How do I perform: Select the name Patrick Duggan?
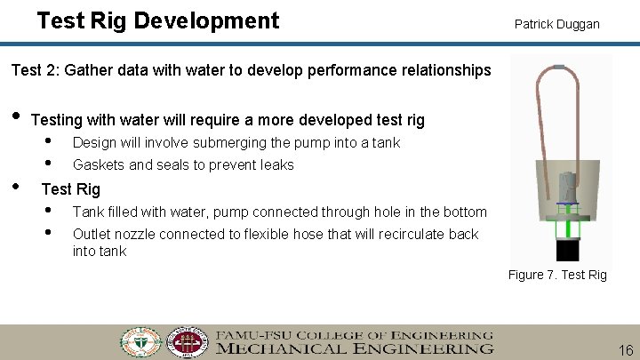point(556,24)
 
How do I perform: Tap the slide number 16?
point(625,350)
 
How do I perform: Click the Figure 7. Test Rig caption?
point(557,275)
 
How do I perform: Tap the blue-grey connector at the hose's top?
point(558,67)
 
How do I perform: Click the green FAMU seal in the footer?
point(141,342)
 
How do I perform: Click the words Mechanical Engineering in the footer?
point(354,348)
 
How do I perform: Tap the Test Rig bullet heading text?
point(71,188)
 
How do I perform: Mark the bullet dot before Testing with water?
point(14,117)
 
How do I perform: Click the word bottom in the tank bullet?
point(466,212)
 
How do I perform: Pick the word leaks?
point(277,164)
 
